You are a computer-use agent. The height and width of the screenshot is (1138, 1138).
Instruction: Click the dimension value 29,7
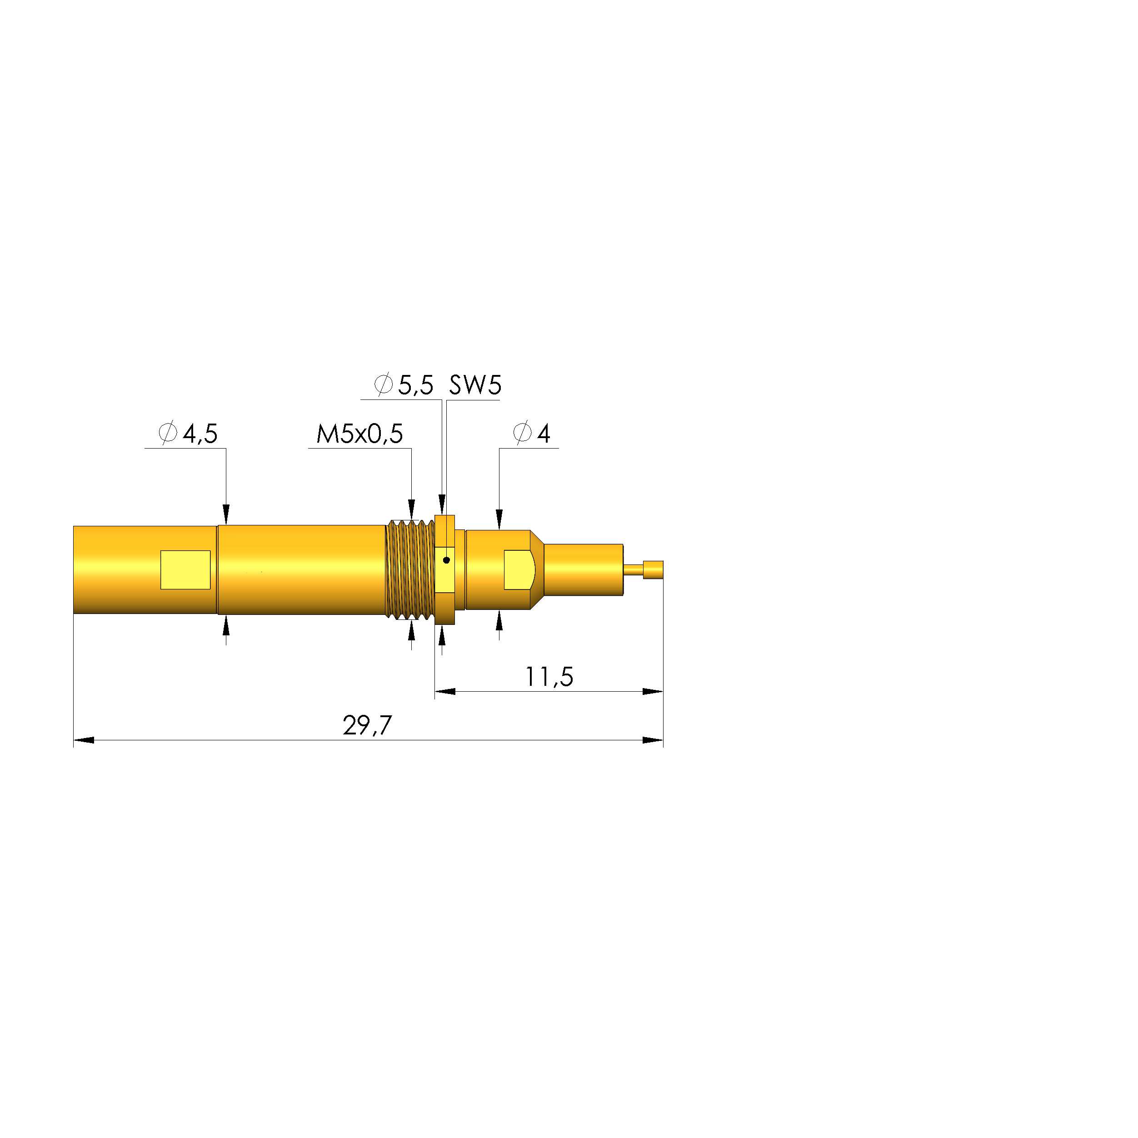click(367, 725)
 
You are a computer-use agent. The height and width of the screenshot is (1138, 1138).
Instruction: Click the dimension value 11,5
click(549, 677)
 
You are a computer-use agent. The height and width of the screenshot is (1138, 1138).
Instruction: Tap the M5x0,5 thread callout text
click(359, 434)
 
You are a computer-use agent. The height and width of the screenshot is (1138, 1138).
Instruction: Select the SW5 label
click(475, 385)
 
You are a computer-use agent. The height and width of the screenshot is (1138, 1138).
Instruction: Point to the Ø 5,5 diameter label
click(404, 385)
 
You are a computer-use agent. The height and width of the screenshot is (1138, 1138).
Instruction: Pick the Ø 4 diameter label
click(531, 434)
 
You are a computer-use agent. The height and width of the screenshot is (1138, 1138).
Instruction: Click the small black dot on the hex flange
click(446, 560)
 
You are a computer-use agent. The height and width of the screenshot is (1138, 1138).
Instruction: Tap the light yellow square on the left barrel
click(185, 569)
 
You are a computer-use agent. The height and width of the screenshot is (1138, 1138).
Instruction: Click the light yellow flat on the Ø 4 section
click(518, 569)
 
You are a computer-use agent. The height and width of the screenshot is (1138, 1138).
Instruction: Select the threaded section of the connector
click(410, 569)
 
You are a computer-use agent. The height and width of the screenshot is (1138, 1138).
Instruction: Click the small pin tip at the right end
click(653, 569)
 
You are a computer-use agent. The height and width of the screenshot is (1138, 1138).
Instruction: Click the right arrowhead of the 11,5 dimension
click(653, 692)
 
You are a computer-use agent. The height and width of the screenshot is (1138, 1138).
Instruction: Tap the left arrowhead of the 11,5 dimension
click(445, 692)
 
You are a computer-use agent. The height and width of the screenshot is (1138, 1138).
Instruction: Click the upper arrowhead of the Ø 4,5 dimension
click(225, 514)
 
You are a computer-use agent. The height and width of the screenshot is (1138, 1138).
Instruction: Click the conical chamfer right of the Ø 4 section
click(537, 569)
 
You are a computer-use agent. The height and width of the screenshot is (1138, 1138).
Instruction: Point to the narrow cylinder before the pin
click(583, 569)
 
